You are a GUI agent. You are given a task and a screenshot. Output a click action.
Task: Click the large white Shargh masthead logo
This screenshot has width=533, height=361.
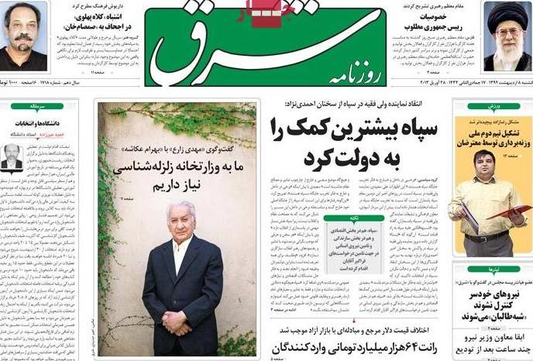click(256, 46)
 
